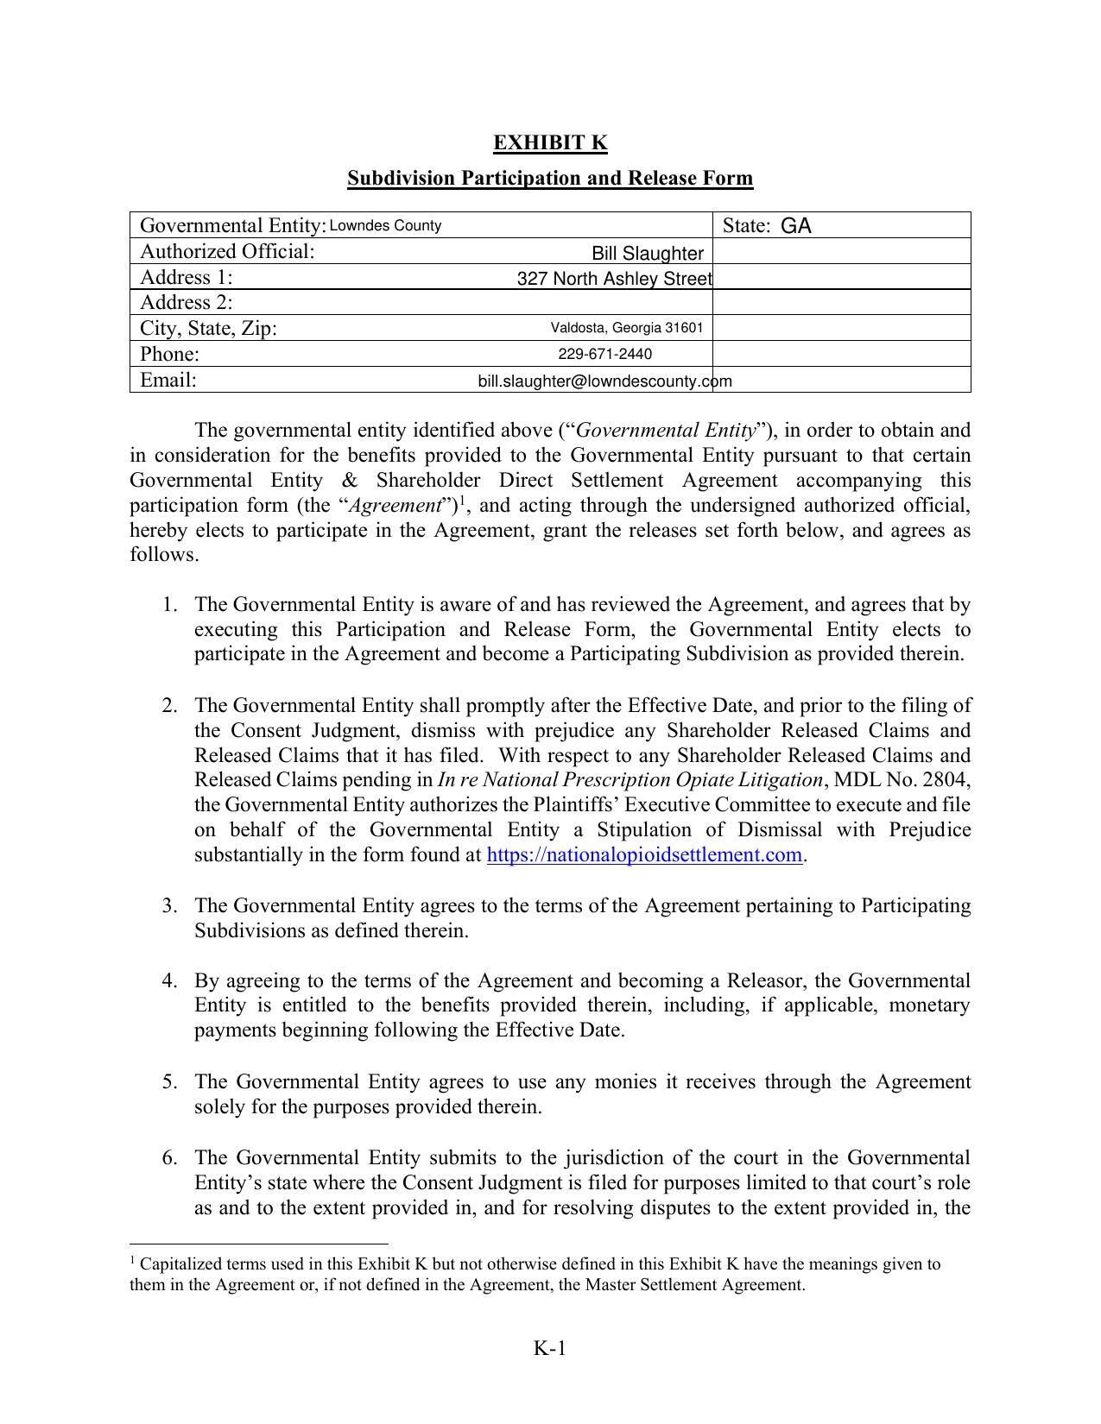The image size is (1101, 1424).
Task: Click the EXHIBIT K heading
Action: (x=550, y=142)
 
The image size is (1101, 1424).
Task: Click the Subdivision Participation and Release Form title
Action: (x=550, y=178)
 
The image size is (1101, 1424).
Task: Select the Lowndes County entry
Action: (x=385, y=226)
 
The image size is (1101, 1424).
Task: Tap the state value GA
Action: (x=795, y=226)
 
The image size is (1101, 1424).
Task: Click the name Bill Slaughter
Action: (x=647, y=254)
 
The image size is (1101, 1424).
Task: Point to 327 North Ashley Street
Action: (x=614, y=279)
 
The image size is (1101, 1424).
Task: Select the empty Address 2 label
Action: (x=187, y=302)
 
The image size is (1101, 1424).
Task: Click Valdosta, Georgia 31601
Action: (x=626, y=328)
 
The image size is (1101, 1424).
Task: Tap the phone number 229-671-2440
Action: (x=604, y=354)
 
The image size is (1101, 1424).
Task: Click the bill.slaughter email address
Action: (x=604, y=381)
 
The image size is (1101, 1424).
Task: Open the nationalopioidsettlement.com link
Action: (x=645, y=855)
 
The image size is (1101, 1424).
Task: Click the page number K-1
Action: (x=549, y=1348)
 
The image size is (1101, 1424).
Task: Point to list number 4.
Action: (x=169, y=981)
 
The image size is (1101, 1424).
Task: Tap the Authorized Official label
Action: (x=227, y=252)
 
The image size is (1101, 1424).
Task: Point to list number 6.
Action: (x=169, y=1157)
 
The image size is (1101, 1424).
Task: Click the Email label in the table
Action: (x=168, y=381)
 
